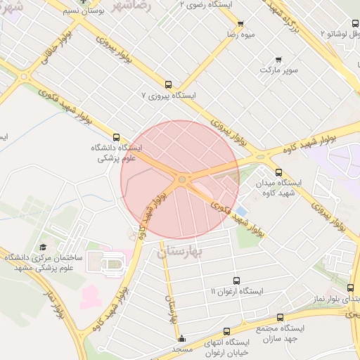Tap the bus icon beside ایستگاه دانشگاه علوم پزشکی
pos(117,137)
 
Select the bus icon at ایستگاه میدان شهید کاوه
pos(278,172)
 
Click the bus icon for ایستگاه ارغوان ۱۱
pos(236,281)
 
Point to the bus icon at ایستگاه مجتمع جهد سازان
pos(280,318)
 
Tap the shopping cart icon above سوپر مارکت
pos(279,60)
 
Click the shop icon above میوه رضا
pos(240,23)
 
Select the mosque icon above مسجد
pos(182,338)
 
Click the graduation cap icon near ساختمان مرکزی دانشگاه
pos(43,247)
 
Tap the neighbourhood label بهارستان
pos(181,251)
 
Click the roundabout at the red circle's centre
pos(182,180)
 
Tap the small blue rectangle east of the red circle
pos(241,211)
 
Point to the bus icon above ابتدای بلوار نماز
pos(351,288)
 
